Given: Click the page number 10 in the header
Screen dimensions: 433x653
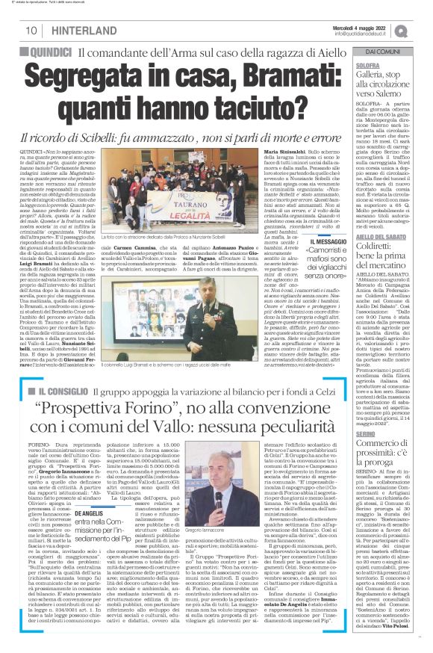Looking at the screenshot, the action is click(x=32, y=31).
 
